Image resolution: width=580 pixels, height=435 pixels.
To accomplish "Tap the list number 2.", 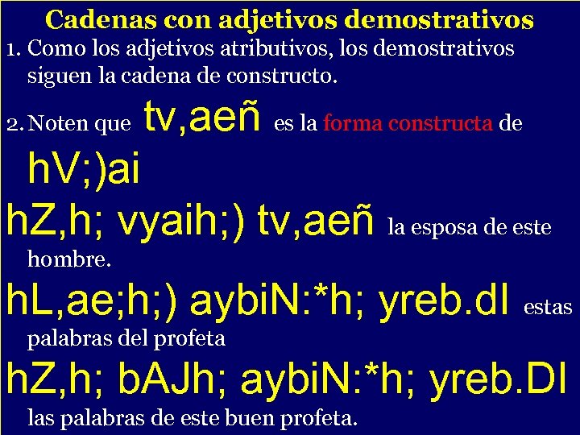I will click(x=11, y=124).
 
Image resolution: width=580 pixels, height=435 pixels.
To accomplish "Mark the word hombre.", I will click(x=69, y=259).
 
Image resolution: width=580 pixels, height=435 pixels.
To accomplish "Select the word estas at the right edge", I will click(x=548, y=307).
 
